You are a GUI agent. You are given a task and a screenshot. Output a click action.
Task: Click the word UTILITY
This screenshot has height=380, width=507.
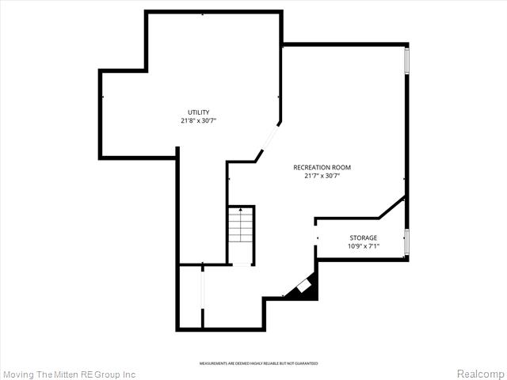(198, 112)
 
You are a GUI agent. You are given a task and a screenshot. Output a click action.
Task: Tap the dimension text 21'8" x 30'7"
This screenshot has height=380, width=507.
(198, 121)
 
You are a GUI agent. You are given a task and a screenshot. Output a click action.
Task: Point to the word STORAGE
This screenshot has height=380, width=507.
(364, 237)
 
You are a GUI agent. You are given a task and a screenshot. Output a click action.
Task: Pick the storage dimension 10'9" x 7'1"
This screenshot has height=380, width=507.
(364, 246)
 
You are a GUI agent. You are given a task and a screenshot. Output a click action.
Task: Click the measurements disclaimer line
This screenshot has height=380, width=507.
(258, 363)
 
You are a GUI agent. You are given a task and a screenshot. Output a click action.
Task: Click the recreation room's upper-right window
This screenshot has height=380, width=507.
(407, 62)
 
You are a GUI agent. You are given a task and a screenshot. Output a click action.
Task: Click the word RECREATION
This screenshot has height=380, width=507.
(311, 167)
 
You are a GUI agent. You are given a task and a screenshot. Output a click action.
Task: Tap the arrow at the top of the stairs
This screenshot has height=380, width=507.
(241, 210)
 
